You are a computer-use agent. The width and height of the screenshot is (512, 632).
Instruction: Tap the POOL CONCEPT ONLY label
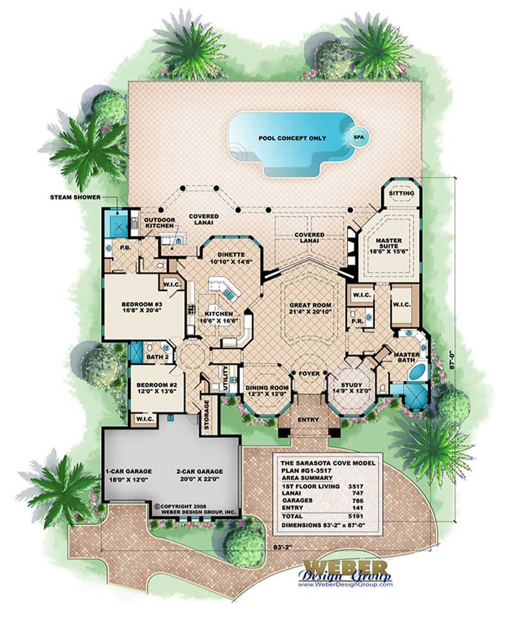pyautogui.click(x=292, y=138)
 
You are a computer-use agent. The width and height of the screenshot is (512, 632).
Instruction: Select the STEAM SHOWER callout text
pyautogui.click(x=75, y=196)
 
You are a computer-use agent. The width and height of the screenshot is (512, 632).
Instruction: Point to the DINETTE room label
pyautogui.click(x=230, y=255)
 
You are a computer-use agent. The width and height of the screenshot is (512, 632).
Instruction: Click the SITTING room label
pyautogui.click(x=402, y=193)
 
